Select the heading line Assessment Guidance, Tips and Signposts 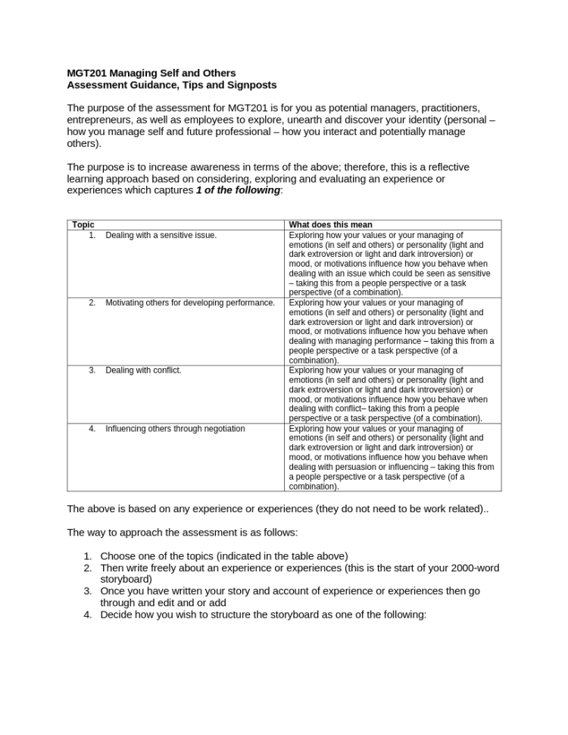(x=171, y=85)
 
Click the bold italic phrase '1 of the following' (x=238, y=190)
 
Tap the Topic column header (x=83, y=225)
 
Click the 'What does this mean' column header (x=330, y=225)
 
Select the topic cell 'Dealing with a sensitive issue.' (x=161, y=236)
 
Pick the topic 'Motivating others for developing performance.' (x=189, y=303)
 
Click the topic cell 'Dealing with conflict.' (x=143, y=371)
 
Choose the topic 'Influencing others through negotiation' (x=175, y=429)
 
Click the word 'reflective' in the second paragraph (x=446, y=167)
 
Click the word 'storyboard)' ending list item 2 (x=126, y=579)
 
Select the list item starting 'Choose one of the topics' (x=223, y=556)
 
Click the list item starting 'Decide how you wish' (x=263, y=615)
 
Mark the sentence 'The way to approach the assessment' (x=182, y=533)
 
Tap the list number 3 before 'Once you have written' (x=88, y=591)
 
